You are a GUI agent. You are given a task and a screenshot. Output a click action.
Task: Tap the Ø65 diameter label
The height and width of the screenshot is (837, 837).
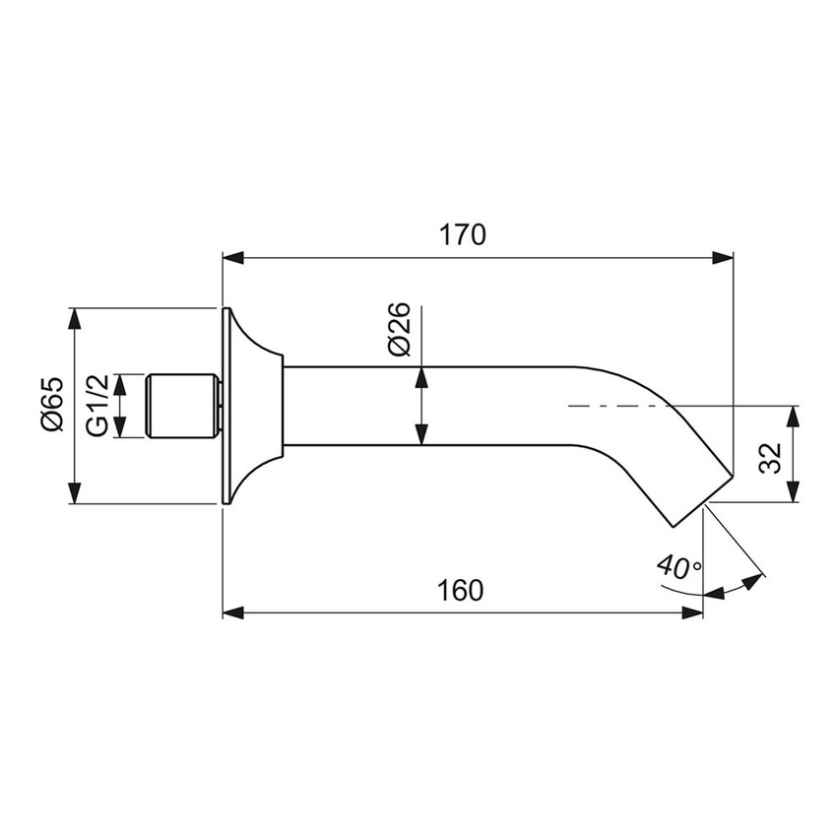pos(52,404)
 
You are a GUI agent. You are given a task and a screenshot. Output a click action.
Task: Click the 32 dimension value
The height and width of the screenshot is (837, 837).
pos(771,455)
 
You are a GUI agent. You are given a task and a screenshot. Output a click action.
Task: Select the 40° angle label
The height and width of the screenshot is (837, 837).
pos(679,567)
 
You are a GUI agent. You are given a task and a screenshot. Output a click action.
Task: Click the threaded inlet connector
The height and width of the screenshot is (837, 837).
pos(182,406)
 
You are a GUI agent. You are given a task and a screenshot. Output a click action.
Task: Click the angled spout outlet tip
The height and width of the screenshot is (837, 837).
pos(703,500)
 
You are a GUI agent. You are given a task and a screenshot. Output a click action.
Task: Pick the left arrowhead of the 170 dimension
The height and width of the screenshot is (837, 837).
pos(231,258)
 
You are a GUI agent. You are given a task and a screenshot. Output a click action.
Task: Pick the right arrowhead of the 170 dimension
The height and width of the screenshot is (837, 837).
pos(724,258)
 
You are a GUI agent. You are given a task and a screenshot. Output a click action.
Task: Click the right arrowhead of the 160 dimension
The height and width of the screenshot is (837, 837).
pos(693,612)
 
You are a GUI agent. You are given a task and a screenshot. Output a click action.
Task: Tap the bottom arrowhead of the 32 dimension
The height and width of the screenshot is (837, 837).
pos(796,493)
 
